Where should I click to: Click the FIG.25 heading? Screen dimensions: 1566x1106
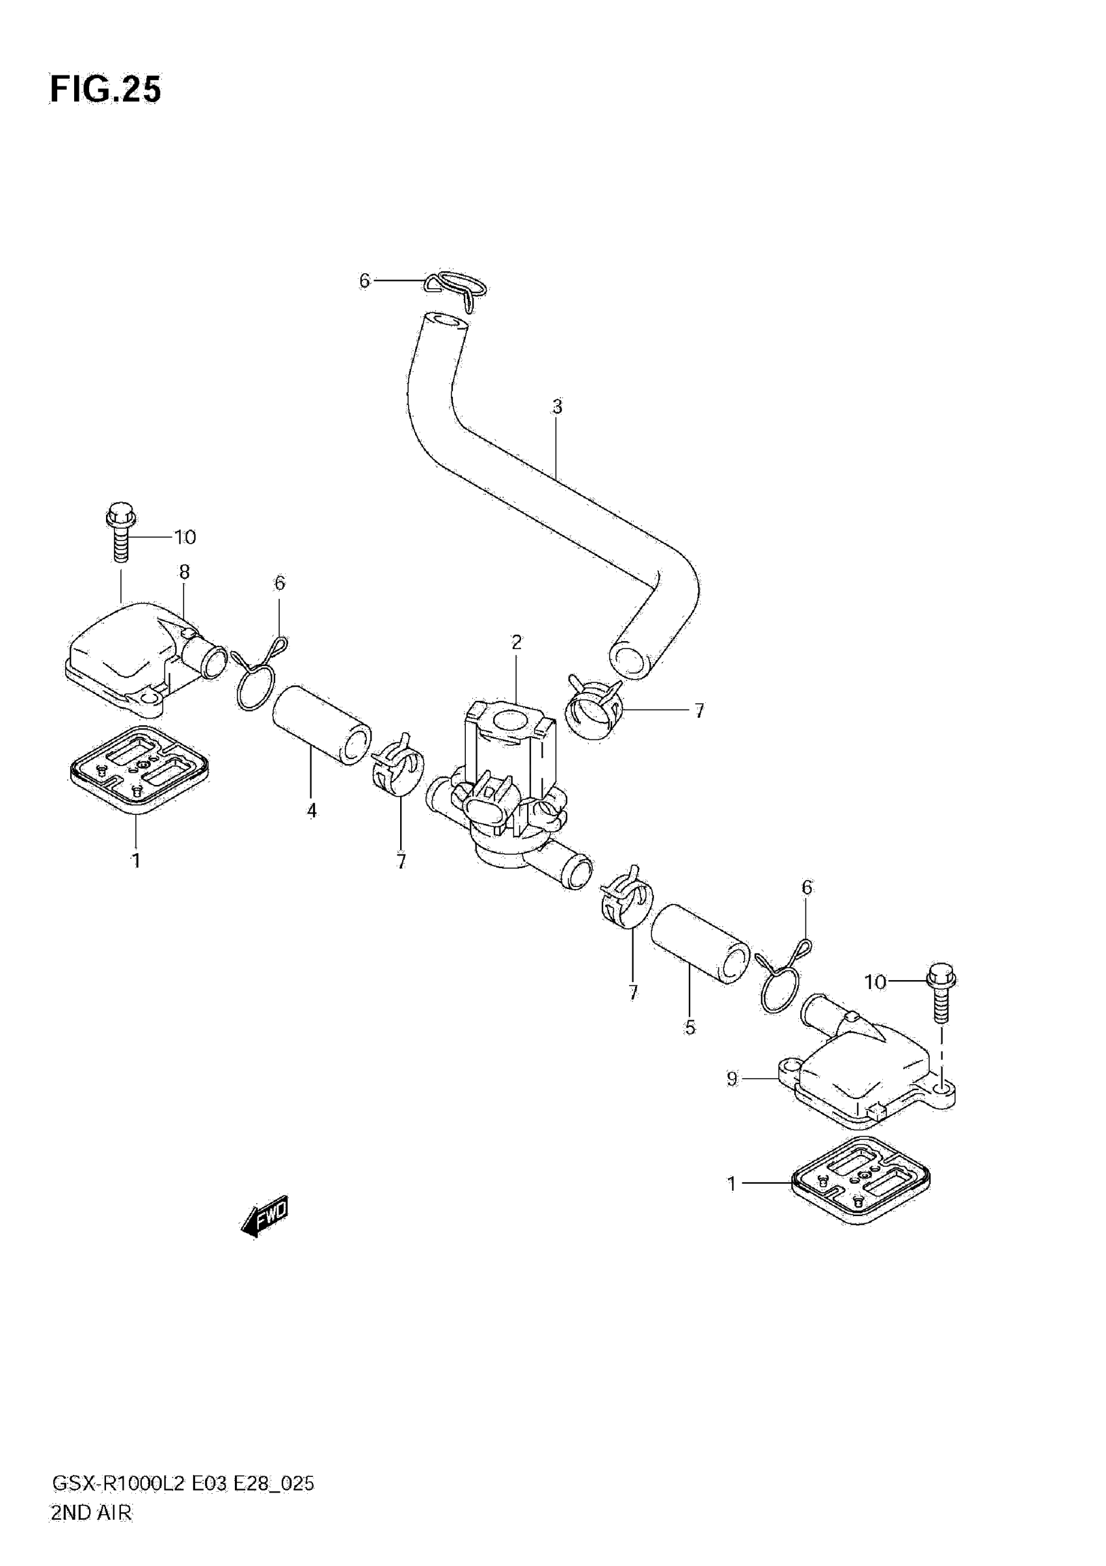106,89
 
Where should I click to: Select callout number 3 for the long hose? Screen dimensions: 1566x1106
557,407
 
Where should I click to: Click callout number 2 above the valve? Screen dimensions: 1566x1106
517,642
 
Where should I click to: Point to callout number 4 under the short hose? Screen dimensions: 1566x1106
312,811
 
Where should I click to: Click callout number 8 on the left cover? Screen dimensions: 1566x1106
184,572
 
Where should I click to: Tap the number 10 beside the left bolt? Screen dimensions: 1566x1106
185,537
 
